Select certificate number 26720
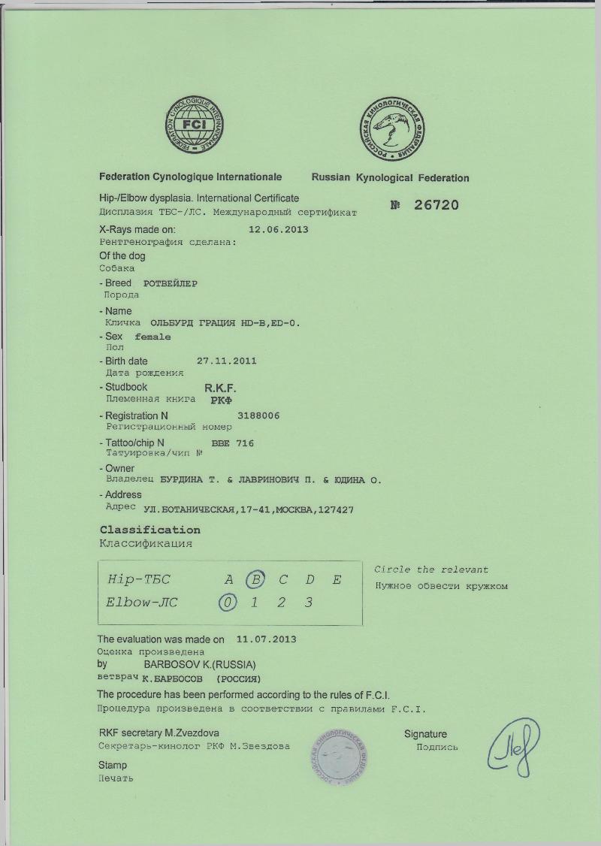436,205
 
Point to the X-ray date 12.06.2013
278,230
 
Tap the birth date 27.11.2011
227,361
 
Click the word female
153,337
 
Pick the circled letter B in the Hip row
257,579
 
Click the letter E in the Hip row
337,579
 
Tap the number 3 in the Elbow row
308,603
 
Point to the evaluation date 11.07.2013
266,639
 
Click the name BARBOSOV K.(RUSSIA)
200,665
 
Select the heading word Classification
150,530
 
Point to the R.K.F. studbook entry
221,388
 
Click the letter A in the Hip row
229,579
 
